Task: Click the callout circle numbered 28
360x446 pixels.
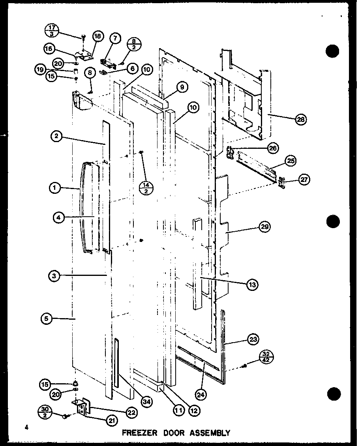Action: click(x=302, y=120)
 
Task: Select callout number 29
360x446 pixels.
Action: click(x=264, y=227)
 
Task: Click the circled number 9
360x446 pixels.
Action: click(x=182, y=88)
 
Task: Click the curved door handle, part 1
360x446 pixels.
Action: click(x=83, y=209)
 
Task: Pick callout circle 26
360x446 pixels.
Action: click(x=272, y=148)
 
